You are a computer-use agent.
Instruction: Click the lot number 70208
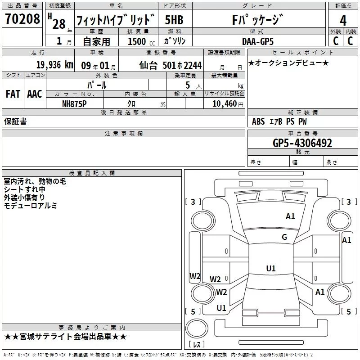coord(22,18)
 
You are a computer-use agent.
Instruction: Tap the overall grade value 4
coord(343,21)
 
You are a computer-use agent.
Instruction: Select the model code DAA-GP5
coord(258,41)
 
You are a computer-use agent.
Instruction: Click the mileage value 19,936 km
coord(55,64)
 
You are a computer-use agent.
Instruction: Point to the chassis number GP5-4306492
coord(302,143)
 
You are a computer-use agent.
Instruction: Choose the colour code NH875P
coord(74,104)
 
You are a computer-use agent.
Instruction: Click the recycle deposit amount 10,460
coord(224,103)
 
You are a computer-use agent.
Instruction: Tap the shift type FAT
coord(13,94)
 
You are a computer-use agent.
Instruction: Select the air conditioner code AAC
coord(35,94)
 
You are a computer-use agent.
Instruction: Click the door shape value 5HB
coord(174,20)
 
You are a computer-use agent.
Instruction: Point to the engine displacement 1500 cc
coord(141,41)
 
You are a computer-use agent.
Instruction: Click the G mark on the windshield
coord(284,237)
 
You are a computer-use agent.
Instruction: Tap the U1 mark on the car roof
coord(271,268)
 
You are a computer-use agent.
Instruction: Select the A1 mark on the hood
coord(290,216)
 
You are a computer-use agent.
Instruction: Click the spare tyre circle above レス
coord(197,328)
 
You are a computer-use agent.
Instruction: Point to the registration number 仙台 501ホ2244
coord(171,65)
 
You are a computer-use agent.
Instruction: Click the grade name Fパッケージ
coord(257,20)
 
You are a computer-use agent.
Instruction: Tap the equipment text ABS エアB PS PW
coord(279,121)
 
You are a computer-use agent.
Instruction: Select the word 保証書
coord(15,121)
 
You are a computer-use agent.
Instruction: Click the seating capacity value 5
coord(188,85)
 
